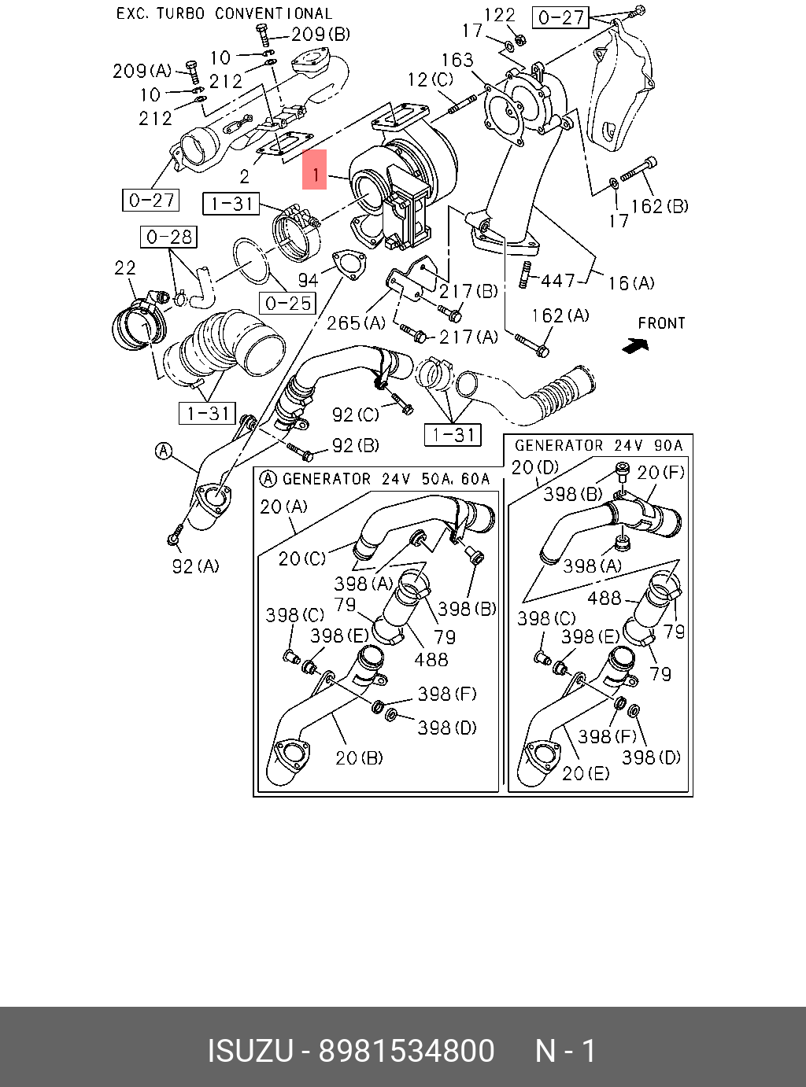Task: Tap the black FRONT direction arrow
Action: pyautogui.click(x=634, y=345)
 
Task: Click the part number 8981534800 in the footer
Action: pyautogui.click(x=406, y=1051)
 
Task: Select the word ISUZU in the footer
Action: pyautogui.click(x=250, y=1051)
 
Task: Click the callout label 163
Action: pyautogui.click(x=457, y=60)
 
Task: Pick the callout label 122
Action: pyautogui.click(x=499, y=14)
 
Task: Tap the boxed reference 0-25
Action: pyautogui.click(x=289, y=303)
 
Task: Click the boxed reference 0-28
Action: pyautogui.click(x=169, y=236)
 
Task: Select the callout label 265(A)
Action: pyautogui.click(x=356, y=322)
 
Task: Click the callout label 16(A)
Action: pyautogui.click(x=630, y=282)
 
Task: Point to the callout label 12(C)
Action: pyautogui.click(x=430, y=79)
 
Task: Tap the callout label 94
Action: pyautogui.click(x=308, y=279)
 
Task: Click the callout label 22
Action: pyautogui.click(x=125, y=268)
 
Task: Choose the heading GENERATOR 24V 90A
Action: pyautogui.click(x=599, y=445)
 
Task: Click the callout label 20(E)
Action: pyautogui.click(x=586, y=773)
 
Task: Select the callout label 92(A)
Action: pyautogui.click(x=195, y=566)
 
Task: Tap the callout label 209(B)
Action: pyautogui.click(x=320, y=34)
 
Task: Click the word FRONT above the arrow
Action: pyautogui.click(x=661, y=322)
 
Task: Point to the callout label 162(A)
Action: pyautogui.click(x=560, y=315)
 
